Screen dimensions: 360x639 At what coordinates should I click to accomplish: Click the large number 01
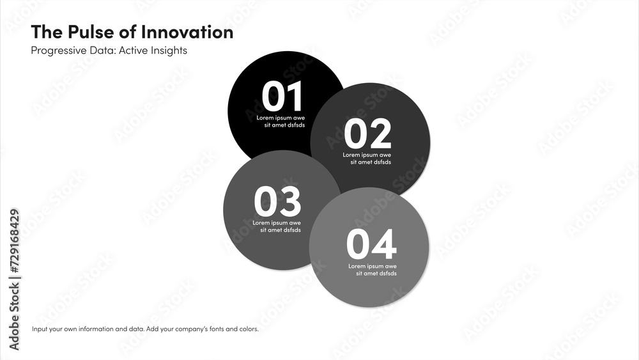[x=282, y=97]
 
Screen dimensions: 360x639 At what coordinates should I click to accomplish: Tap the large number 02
[x=367, y=134]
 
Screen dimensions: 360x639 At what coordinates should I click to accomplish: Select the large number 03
[x=277, y=202]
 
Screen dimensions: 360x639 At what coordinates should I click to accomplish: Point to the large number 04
[x=371, y=244]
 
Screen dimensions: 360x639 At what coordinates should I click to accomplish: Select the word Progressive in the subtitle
[x=58, y=51]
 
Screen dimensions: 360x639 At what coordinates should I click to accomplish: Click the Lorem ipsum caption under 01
[x=281, y=121]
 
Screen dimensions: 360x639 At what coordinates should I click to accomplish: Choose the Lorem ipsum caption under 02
[x=367, y=159]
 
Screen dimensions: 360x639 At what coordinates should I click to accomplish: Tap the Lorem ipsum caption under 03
[x=277, y=226]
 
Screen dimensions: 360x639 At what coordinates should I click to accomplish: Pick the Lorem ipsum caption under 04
[x=372, y=270]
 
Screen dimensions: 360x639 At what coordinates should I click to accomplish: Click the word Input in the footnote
[x=40, y=329]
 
